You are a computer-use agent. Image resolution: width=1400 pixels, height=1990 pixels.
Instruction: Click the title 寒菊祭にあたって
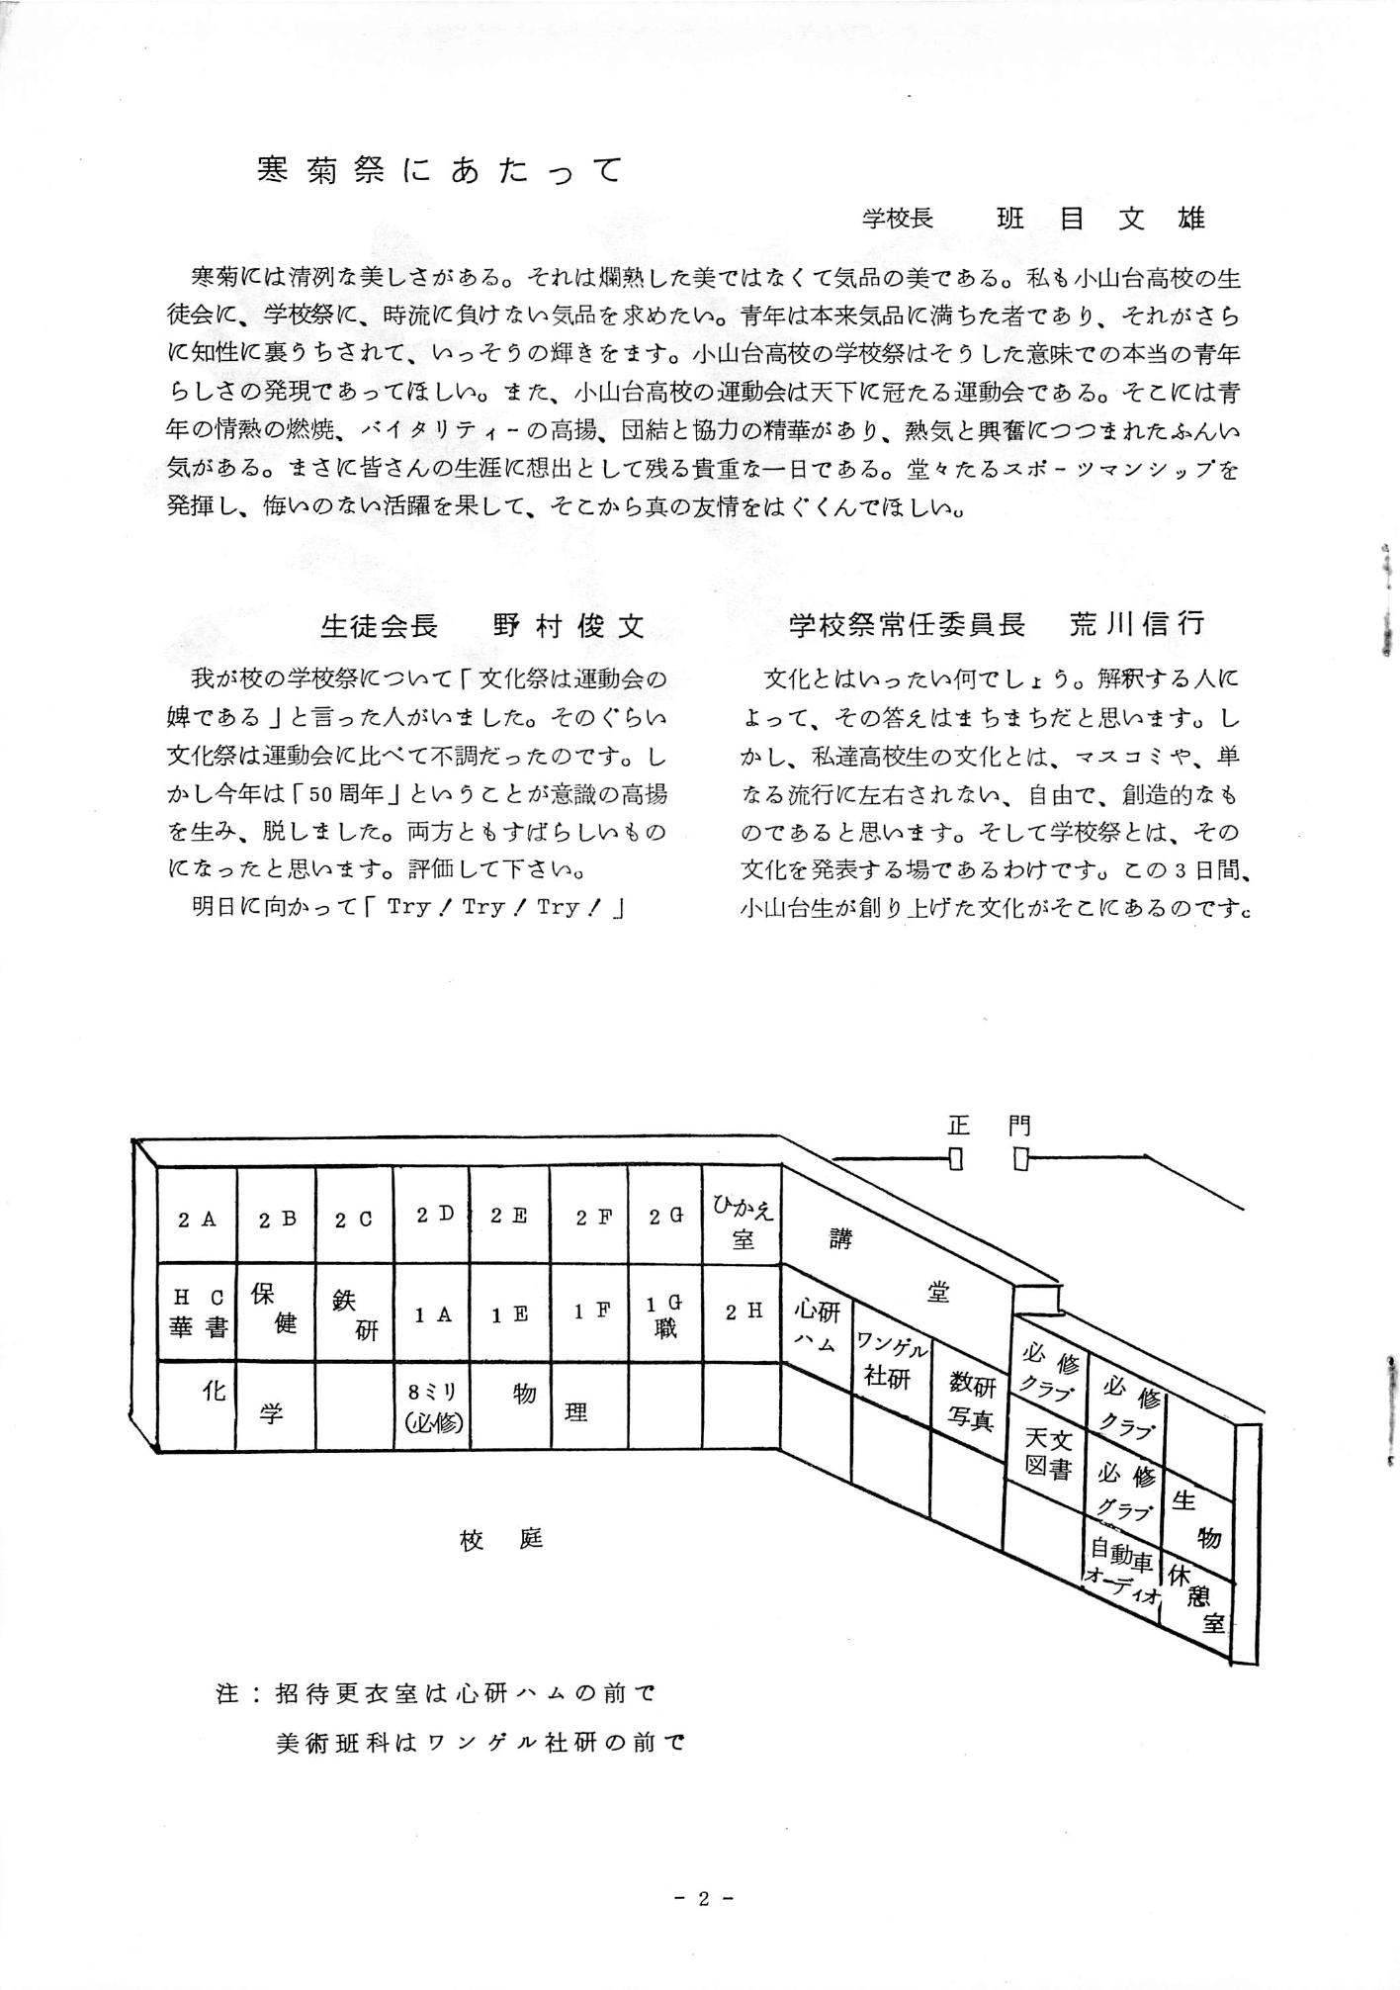pos(439,171)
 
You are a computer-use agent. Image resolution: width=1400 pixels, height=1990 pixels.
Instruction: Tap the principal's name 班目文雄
pos(1100,219)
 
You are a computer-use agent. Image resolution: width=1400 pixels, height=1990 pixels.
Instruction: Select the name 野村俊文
pos(568,625)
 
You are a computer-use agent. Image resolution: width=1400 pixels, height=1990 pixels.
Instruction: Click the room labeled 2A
pos(197,1220)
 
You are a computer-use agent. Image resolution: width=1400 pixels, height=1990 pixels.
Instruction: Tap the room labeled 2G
pos(665,1218)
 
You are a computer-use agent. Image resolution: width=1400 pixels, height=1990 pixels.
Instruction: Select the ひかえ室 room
pos(744,1222)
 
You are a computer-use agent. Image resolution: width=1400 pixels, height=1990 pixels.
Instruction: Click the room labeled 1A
pos(432,1314)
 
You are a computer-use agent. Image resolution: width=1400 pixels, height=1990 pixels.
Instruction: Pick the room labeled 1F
pos(589,1312)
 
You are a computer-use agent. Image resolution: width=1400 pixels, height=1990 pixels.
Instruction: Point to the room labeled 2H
pos(744,1312)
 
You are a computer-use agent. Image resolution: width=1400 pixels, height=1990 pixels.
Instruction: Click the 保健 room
pos(274,1310)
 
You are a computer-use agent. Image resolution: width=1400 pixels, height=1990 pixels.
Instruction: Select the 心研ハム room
pos(817,1326)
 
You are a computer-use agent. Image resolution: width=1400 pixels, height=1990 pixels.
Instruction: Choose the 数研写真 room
pos(971,1400)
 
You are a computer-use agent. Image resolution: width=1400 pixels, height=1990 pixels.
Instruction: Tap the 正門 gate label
pos(988,1126)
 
